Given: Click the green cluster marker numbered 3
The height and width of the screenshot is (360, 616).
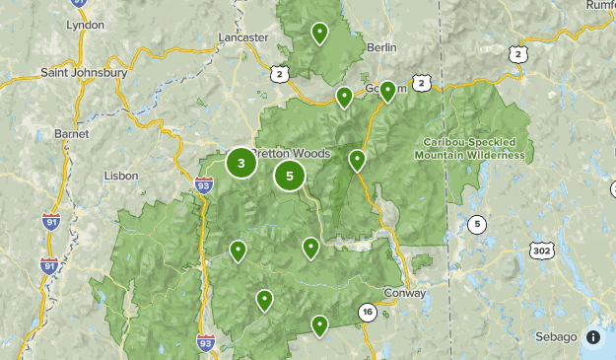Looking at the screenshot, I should coord(241,163).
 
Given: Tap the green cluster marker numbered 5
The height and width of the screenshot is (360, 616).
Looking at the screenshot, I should coord(290,177).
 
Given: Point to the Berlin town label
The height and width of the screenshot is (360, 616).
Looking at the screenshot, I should coord(380,46).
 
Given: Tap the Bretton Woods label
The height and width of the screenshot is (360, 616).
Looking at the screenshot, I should coord(292,154).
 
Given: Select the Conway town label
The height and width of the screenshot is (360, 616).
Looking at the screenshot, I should coord(406,294).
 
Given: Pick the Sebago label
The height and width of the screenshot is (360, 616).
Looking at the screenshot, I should coord(556,337).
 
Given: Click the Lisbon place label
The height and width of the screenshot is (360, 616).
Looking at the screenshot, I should coord(121,176).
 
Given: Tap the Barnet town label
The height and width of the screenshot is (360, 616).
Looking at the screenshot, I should coord(72,133).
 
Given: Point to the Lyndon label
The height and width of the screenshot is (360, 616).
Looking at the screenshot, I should coord(84,24).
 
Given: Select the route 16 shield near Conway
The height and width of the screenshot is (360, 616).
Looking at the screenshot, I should coord(368,312).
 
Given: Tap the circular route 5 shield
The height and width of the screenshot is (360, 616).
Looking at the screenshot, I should coord(477,224).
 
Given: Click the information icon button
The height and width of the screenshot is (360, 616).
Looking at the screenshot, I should coord(593,337).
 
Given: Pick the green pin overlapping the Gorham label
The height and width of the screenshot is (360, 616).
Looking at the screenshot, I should coord(388,91).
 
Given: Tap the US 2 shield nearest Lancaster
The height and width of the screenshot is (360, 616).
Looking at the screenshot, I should coord(281,73).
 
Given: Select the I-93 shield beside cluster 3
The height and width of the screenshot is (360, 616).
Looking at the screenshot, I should coord(204,183).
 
